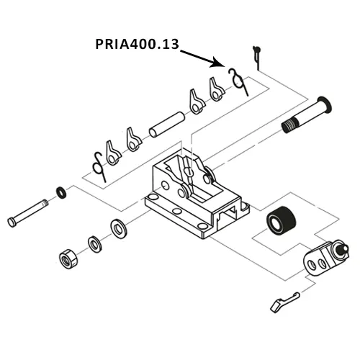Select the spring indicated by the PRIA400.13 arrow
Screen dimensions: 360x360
pos(237,80)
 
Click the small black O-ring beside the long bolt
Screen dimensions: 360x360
pos(62,192)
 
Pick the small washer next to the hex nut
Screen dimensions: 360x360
pos(94,243)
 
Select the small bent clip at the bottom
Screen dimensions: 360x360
pos(282,301)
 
